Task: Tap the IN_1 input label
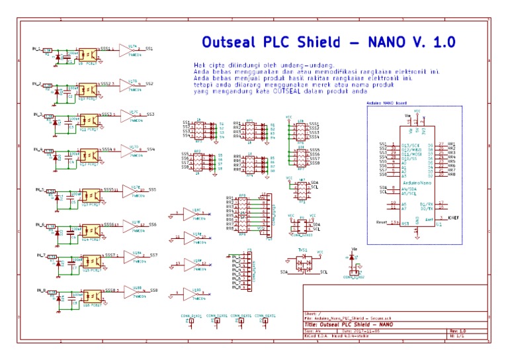(37, 49)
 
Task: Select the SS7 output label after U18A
(153, 255)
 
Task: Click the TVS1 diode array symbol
(304, 263)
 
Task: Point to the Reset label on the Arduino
(382, 222)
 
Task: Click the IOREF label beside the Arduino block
(453, 217)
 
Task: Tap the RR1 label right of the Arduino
(452, 144)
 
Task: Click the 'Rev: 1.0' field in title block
(458, 330)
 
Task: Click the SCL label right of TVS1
(324, 272)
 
